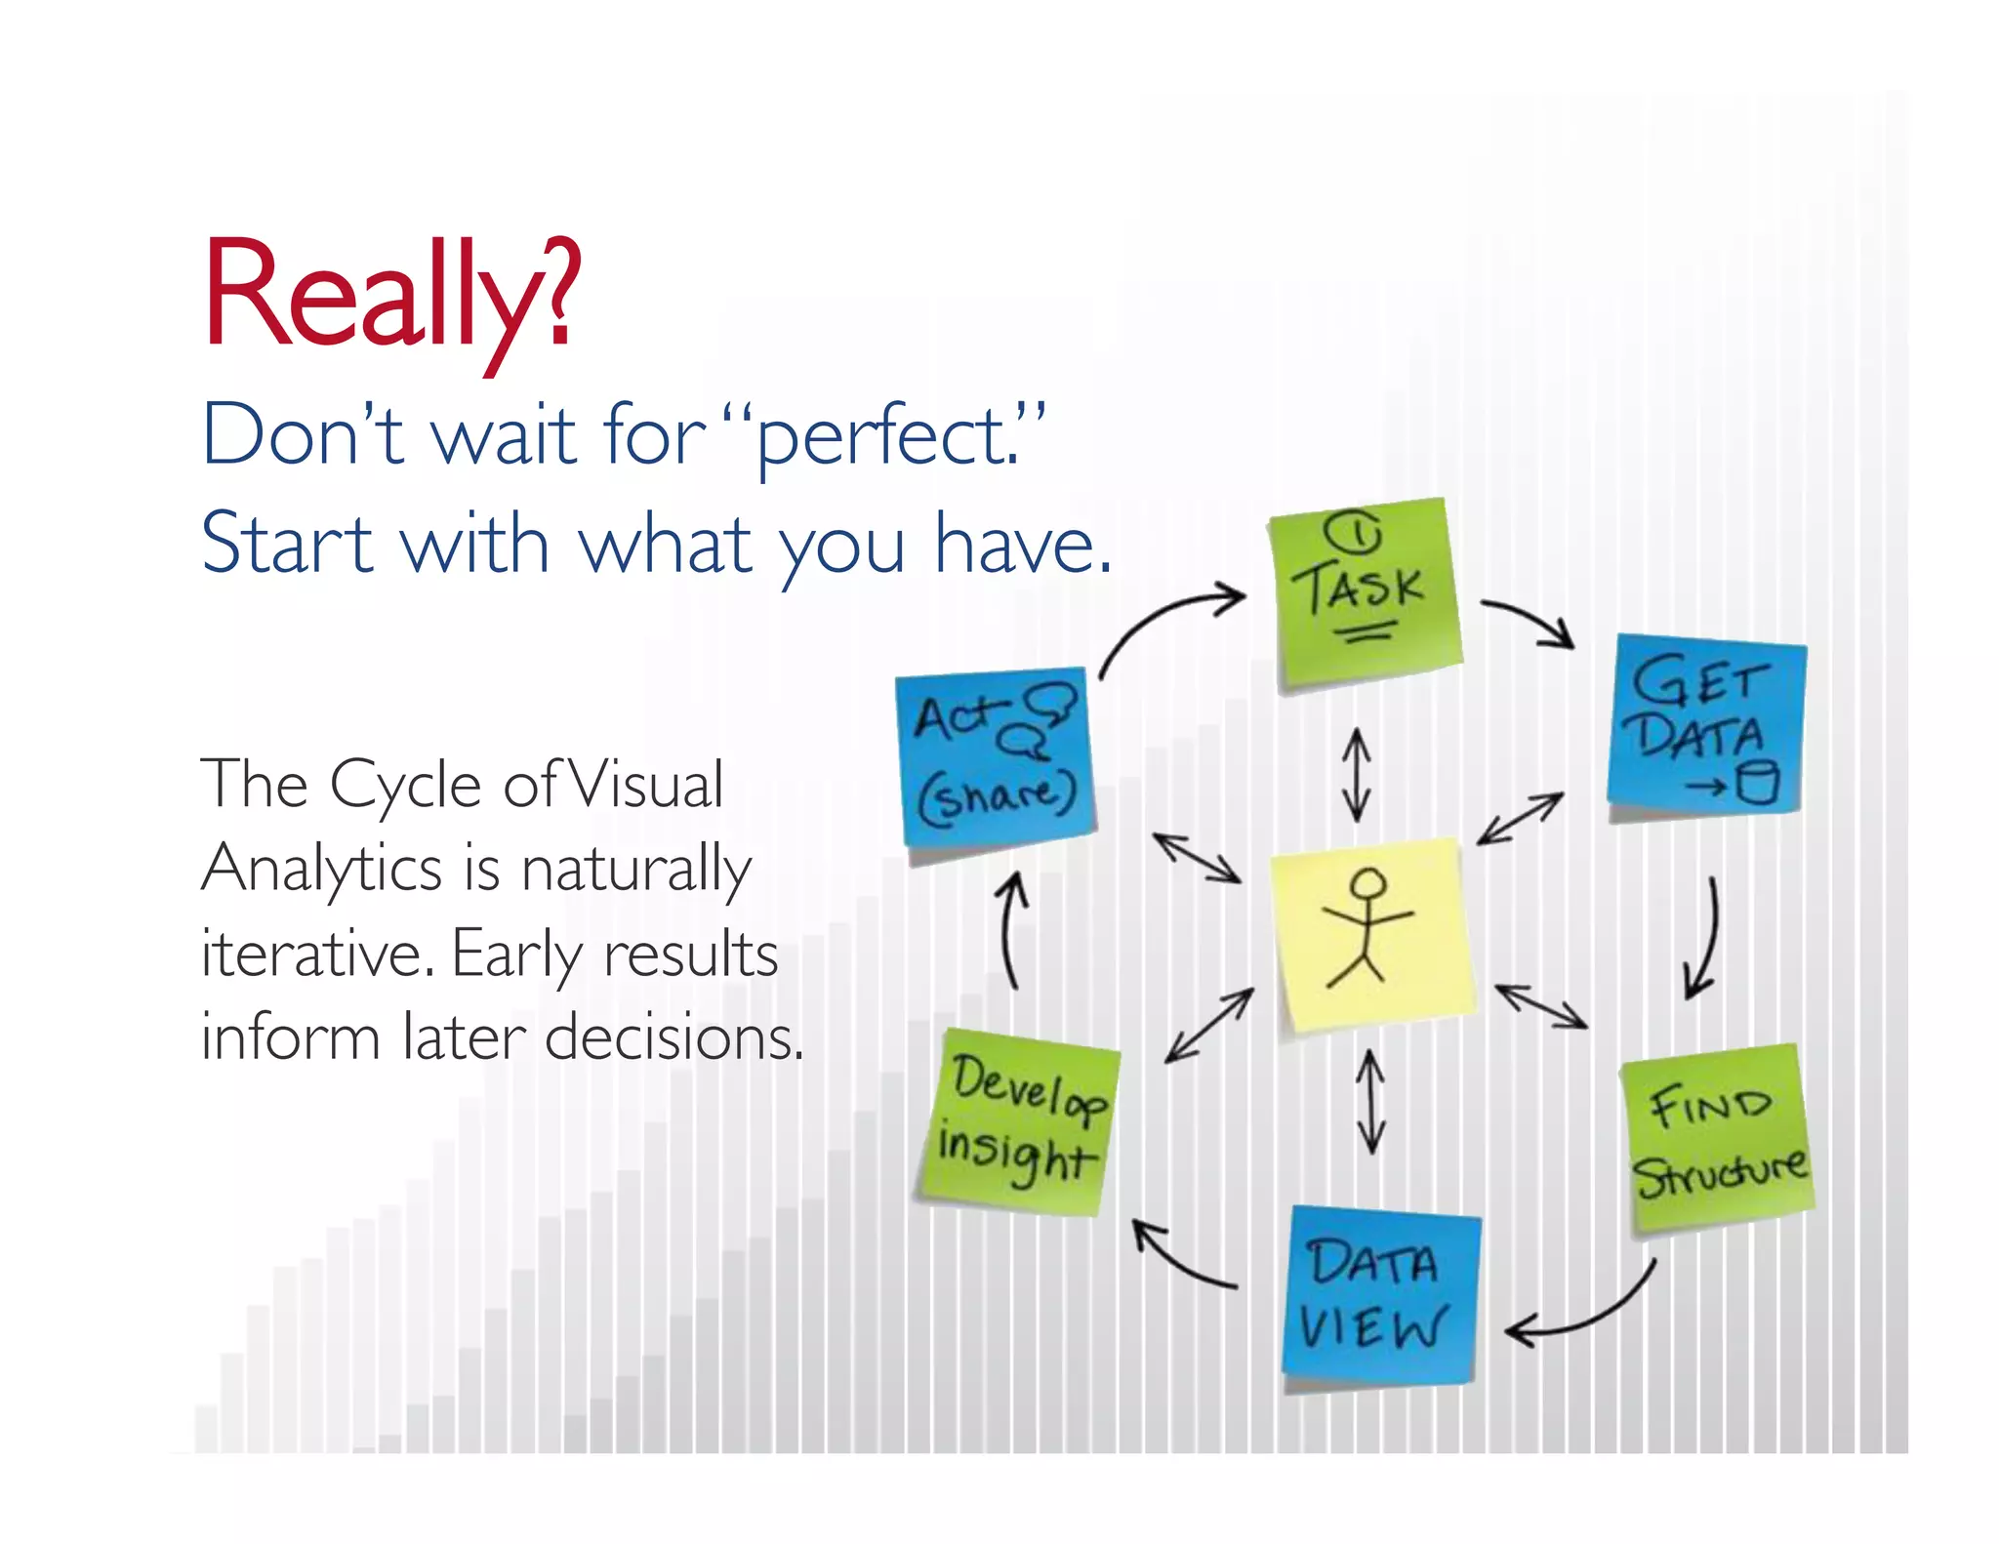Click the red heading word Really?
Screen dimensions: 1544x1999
coord(390,293)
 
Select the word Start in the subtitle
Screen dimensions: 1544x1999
coord(287,544)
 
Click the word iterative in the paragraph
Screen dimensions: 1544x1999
coord(317,954)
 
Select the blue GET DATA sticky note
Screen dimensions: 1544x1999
coord(1706,727)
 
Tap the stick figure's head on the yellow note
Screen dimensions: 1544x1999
coord(1368,885)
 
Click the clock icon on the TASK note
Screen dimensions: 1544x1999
coord(1353,533)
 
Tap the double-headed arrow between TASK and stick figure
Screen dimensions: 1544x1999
coord(1356,776)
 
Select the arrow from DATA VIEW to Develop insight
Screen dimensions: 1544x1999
coord(1181,1259)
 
